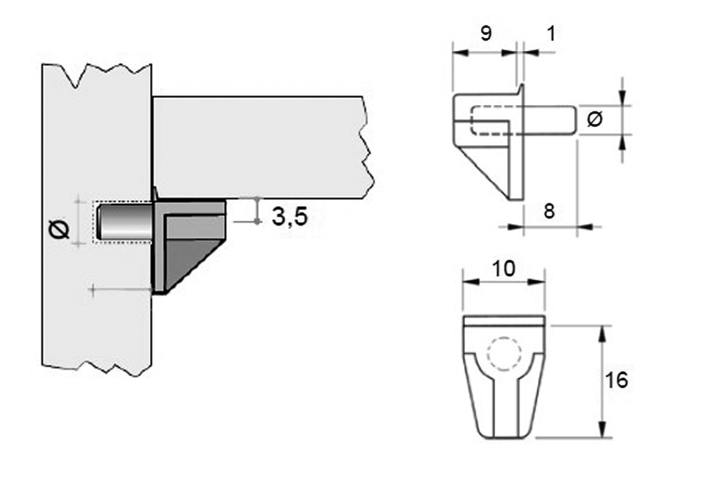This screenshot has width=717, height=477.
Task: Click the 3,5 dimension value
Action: (x=289, y=216)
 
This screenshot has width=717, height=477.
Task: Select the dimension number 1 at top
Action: (x=550, y=33)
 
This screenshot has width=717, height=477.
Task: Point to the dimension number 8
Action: (x=549, y=211)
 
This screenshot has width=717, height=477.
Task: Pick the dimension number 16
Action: (x=618, y=380)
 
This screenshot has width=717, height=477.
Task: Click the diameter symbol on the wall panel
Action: (x=60, y=229)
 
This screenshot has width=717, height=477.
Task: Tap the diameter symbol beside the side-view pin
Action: (x=594, y=119)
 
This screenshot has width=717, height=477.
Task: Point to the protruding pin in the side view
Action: (x=550, y=119)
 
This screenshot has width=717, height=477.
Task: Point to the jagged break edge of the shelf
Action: (x=364, y=147)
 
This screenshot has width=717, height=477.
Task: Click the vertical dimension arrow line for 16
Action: (x=601, y=381)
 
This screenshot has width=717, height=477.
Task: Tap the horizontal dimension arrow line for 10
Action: (x=503, y=282)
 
